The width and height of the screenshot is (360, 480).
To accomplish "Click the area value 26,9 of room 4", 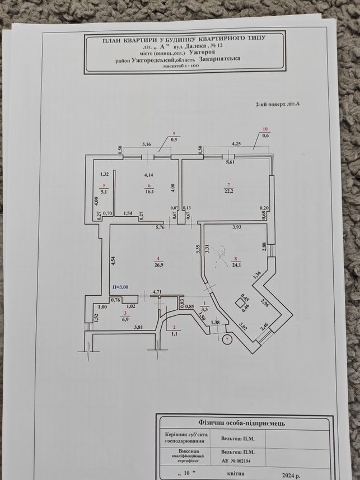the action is pyautogui.click(x=159, y=265).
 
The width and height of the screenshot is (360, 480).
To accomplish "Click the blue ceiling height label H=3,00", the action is pyautogui.click(x=120, y=287).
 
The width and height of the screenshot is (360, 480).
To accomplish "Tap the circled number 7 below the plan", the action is pyautogui.click(x=227, y=339).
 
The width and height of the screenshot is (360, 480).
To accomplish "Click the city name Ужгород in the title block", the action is pyautogui.click(x=201, y=52).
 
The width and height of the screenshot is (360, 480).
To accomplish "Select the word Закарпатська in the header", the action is pyautogui.click(x=219, y=58).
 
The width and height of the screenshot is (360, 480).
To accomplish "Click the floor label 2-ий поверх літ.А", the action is pyautogui.click(x=277, y=104).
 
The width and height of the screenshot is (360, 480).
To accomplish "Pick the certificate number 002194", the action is pyautogui.click(x=244, y=460).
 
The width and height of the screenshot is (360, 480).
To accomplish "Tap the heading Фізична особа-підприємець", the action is pyautogui.click(x=242, y=423).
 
